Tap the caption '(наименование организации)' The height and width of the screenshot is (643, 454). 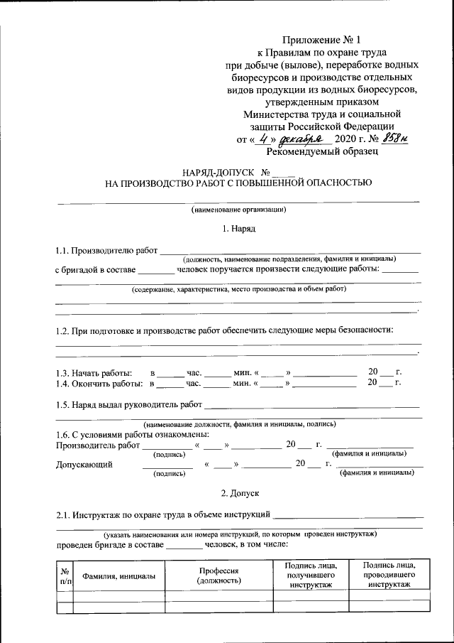(x=238, y=209)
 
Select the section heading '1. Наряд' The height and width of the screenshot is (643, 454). (x=238, y=229)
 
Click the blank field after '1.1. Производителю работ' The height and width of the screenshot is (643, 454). (x=290, y=249)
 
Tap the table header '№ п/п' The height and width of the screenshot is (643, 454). (x=65, y=576)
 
